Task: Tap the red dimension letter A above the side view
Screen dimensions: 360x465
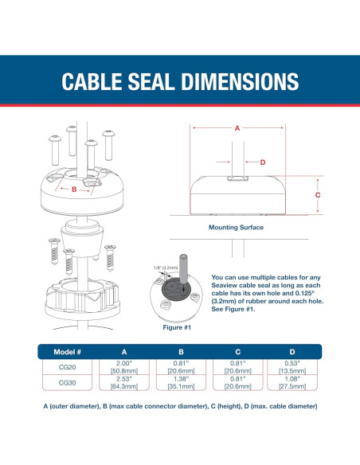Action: coord(237,128)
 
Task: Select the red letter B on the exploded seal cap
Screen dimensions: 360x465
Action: coord(74,190)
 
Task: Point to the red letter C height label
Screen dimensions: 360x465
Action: coord(318,195)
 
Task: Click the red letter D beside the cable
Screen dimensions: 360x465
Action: coord(263,162)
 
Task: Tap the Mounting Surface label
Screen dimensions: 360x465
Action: coord(236,228)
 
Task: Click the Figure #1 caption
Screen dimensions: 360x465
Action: coord(177,327)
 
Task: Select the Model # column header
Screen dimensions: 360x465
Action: coord(68,352)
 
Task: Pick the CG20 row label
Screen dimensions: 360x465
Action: coord(68,367)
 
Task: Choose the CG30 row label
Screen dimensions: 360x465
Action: coord(68,383)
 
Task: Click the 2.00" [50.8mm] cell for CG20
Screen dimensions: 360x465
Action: coord(124,367)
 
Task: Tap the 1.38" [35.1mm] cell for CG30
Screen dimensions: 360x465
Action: coord(181,382)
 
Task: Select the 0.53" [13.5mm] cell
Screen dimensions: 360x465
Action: coord(292,367)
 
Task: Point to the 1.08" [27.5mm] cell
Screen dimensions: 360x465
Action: coord(292,382)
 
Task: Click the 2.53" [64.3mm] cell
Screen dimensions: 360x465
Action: coord(124,382)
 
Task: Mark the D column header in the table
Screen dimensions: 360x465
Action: coord(292,352)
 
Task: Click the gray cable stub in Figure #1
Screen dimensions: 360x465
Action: coord(183,268)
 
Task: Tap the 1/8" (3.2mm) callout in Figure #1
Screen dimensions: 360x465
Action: coord(166,268)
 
